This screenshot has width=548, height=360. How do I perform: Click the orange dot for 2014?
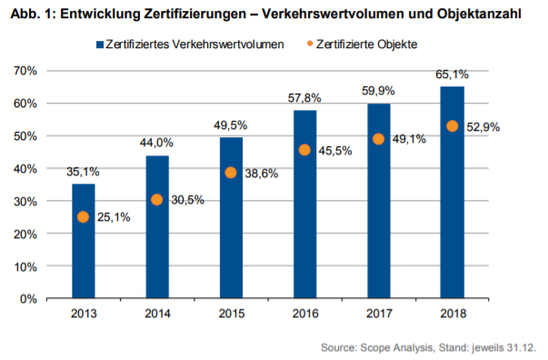coord(157,200)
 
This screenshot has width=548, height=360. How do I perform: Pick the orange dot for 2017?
coord(378,139)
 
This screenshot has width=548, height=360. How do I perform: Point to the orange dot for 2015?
coord(231,173)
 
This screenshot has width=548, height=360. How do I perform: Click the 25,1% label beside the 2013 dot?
coord(113,216)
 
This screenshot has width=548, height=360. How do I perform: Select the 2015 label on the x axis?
coord(231,315)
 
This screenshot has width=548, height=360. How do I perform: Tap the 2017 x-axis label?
coord(378,315)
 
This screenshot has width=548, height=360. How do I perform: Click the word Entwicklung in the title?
coord(97,12)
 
